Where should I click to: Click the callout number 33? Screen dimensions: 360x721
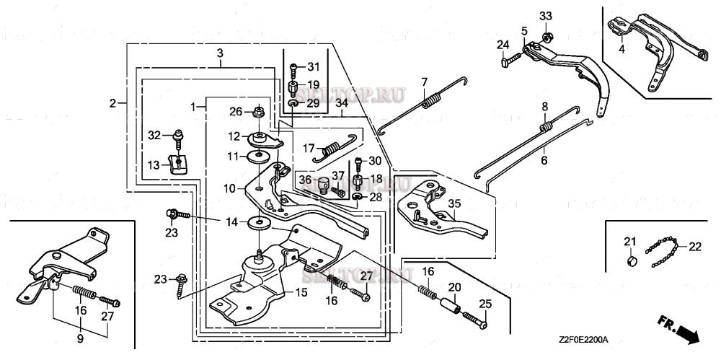546,17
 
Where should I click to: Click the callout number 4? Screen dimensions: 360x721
621,50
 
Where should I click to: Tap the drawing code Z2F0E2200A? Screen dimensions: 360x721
583,338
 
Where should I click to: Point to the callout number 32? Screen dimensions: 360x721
154,135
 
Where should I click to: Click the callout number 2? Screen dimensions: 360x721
112,103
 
